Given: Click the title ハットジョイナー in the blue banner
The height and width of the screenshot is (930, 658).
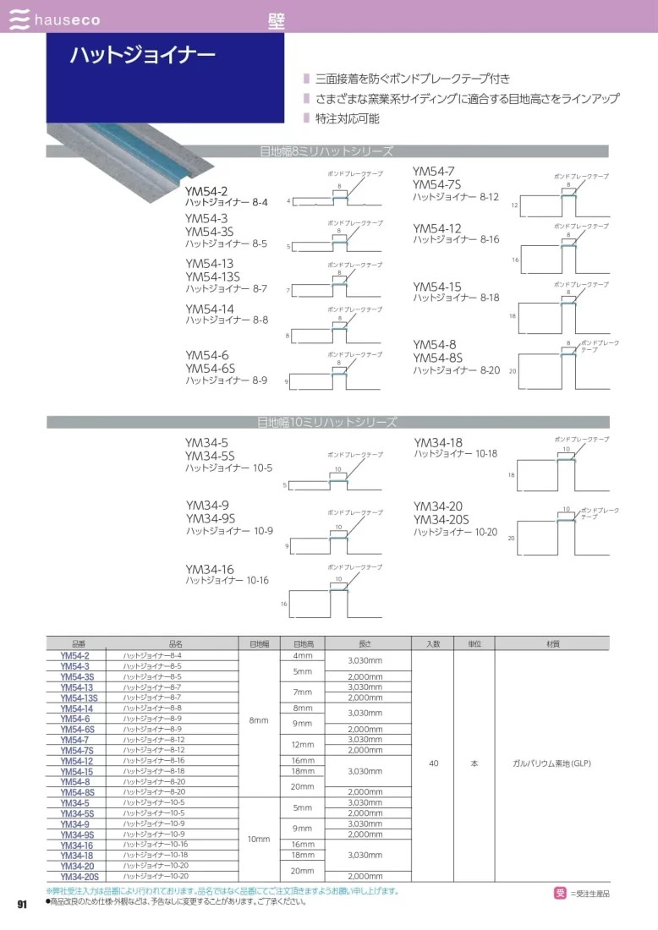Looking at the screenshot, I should coord(142,56).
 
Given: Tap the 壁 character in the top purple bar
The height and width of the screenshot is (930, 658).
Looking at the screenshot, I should coord(276,20).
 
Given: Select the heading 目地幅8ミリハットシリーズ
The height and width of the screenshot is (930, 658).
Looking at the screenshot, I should coord(326,152).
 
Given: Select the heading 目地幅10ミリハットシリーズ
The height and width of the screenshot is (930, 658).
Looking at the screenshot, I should coord(326,422).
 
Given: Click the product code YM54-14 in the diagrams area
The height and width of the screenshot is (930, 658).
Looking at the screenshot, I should coord(210,309).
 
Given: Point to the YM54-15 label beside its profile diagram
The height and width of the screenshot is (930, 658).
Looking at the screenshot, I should coord(437,287).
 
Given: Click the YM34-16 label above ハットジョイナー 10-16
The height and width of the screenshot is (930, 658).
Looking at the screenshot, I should coord(210,570).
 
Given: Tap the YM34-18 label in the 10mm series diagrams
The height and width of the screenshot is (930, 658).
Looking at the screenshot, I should coord(438,442).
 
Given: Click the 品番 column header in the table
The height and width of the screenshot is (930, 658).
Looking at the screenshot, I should coord(74,643).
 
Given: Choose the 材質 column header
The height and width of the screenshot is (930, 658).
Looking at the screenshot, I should coord(551,643).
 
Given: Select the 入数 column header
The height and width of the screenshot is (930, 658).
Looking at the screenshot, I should coord(433,643).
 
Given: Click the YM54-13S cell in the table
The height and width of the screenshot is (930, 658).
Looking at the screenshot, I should coord(80,697).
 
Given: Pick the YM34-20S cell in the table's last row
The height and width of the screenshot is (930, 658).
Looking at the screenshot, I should coord(80,877).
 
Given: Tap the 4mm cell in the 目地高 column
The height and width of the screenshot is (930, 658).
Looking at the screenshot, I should coord(302,656).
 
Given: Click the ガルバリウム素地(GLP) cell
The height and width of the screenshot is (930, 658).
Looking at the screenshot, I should coord(551,763).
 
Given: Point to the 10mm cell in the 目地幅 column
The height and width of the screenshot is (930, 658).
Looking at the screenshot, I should coord(259,839).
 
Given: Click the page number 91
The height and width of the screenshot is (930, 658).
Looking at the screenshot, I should coord(23,905).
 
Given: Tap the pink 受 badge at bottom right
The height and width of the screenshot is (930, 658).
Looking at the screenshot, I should coord(560,893).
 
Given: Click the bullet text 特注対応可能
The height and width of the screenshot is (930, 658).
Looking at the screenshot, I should coord(347,118).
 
